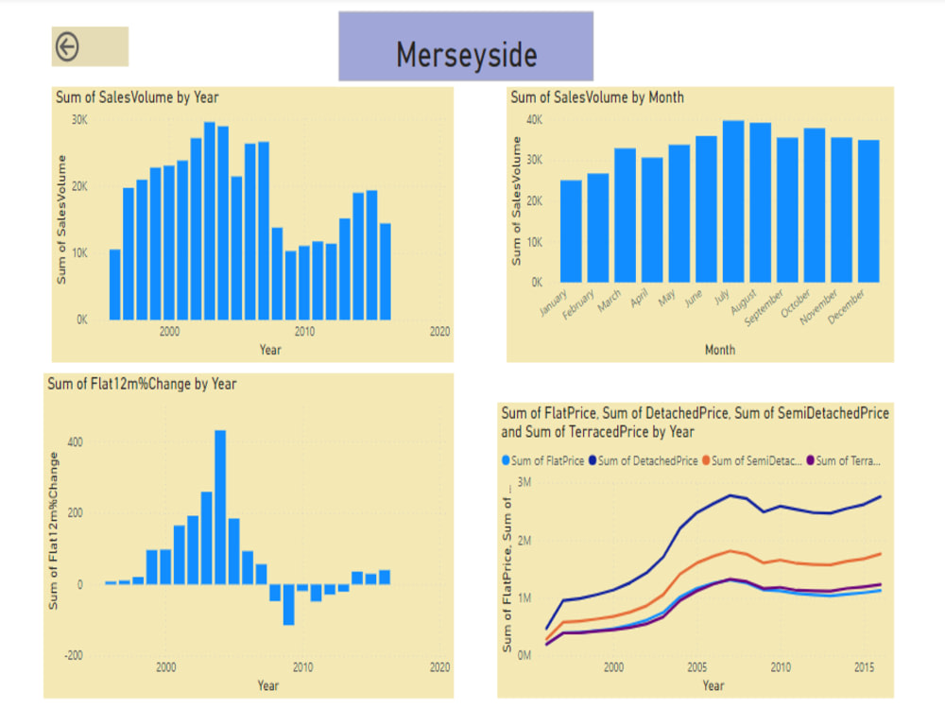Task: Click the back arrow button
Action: [x=67, y=46]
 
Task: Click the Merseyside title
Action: [x=466, y=55]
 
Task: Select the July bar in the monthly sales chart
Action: [x=732, y=201]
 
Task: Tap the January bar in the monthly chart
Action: [x=571, y=231]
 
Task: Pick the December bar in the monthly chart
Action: [x=868, y=211]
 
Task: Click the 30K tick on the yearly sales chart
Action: [x=79, y=120]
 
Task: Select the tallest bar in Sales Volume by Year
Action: [x=210, y=220]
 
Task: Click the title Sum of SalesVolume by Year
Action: [x=137, y=97]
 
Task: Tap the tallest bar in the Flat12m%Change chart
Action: [x=220, y=507]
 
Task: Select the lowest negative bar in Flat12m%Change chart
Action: [x=288, y=605]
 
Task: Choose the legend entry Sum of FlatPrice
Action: [x=545, y=461]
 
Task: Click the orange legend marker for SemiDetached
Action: [x=705, y=461]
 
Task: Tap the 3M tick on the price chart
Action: [x=525, y=483]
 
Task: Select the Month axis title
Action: [x=719, y=350]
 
